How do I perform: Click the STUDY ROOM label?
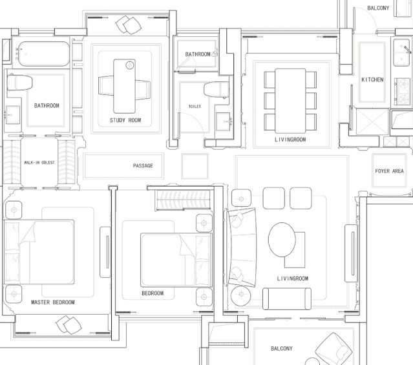tap(125, 120)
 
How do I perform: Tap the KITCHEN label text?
tap(372, 79)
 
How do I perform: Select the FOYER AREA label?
tap(389, 171)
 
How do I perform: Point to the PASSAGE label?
tap(143, 165)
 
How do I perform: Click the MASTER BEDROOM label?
tap(53, 302)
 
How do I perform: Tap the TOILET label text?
tap(195, 107)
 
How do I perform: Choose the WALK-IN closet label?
tap(39, 163)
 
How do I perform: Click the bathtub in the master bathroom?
tap(44, 54)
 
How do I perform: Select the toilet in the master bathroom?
tap(19, 83)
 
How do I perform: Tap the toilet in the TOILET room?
tap(217, 89)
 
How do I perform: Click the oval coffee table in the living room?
tap(282, 240)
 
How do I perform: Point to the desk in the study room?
tap(124, 86)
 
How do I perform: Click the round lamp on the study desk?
tap(130, 65)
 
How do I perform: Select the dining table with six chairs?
tap(290, 101)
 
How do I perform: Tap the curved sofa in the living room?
tap(242, 247)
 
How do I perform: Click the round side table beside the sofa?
tap(241, 295)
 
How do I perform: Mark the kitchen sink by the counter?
tap(401, 53)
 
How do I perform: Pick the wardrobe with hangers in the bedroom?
tap(184, 200)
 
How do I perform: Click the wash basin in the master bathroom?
tap(12, 115)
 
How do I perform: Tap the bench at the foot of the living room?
tap(287, 298)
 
